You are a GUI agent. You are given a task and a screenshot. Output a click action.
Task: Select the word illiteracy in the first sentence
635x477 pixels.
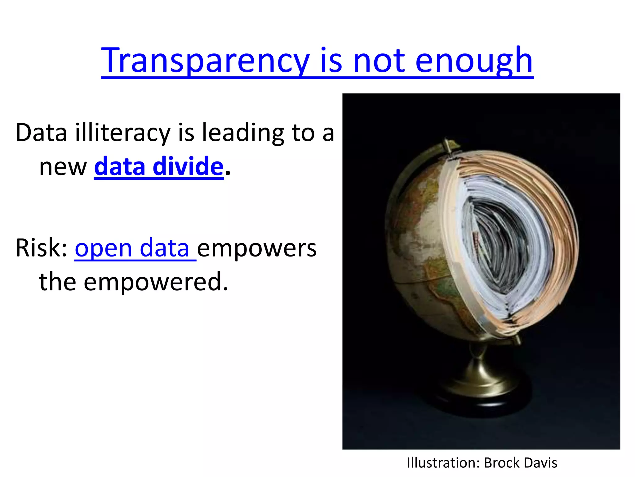[123, 133]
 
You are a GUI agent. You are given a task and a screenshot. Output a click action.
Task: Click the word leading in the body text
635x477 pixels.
[243, 133]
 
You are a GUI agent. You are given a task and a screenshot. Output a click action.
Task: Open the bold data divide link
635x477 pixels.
[158, 167]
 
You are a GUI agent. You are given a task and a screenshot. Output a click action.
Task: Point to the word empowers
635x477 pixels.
[257, 249]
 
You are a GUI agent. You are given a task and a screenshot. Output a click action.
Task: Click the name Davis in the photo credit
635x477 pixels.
[541, 463]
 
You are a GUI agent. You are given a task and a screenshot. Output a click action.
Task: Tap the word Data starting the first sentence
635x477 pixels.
[41, 133]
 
